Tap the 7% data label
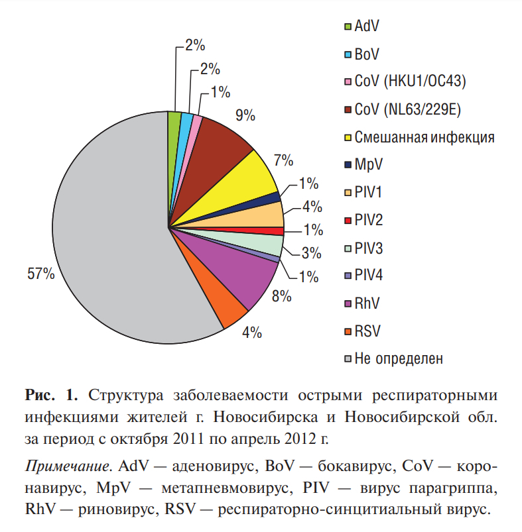coord(284,160)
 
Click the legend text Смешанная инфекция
coord(424,137)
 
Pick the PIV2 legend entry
coord(369,220)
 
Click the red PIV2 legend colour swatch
coord(348,221)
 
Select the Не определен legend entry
coord(399,359)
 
